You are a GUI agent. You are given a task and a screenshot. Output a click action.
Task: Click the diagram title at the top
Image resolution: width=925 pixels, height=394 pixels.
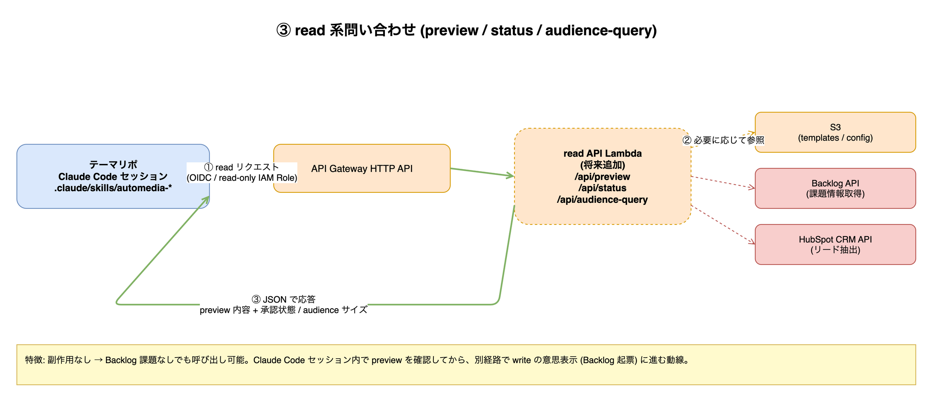[466, 30]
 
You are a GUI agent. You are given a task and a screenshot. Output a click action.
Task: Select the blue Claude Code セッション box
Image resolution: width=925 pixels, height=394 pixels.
[113, 176]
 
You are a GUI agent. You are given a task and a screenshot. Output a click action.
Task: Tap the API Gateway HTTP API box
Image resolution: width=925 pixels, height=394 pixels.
[362, 168]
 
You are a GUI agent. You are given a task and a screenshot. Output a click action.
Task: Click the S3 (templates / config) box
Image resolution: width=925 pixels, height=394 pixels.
[835, 132]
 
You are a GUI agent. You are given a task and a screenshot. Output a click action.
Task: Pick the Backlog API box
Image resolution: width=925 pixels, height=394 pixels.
[835, 188]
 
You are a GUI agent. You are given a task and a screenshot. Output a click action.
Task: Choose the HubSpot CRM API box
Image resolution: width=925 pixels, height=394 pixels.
[835, 244]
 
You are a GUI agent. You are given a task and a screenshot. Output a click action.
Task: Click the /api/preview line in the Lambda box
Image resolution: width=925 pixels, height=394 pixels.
[602, 177]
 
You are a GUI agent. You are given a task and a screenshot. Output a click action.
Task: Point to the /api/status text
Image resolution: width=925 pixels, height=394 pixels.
[602, 188]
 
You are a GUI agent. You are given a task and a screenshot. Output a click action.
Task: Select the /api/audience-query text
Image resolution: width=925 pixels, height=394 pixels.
[602, 200]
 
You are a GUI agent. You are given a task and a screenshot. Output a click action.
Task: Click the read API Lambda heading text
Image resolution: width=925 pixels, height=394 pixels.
[602, 154]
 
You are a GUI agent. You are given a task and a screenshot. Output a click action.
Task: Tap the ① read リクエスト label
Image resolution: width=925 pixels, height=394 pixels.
[242, 167]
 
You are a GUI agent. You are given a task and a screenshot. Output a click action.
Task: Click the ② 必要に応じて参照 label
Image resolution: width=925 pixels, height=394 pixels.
[723, 140]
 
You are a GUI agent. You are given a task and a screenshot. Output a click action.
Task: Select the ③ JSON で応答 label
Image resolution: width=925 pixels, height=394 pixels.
[284, 299]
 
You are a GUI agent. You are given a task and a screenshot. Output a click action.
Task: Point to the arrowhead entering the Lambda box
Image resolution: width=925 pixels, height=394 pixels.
[511, 175]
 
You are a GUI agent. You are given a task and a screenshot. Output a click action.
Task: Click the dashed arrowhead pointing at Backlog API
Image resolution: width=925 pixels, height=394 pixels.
[752, 187]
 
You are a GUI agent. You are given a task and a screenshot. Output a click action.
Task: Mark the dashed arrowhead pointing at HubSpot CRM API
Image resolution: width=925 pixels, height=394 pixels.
[752, 241]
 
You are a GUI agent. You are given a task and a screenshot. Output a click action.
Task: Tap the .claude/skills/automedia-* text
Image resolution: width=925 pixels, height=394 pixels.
[113, 188]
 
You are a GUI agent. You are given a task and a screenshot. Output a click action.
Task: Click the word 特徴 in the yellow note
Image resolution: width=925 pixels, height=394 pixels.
[34, 360]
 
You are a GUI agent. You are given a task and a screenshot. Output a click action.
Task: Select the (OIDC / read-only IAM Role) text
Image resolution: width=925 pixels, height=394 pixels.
[242, 178]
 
